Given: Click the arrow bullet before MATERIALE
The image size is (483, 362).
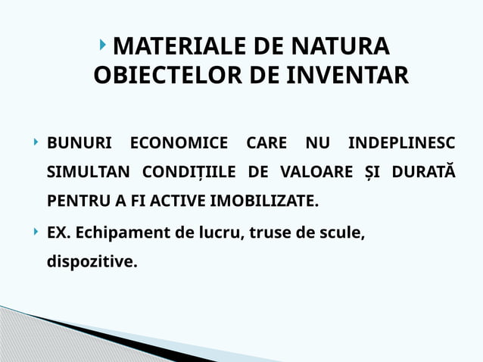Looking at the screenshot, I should [104, 46].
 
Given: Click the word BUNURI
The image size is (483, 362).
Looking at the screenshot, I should [79, 142].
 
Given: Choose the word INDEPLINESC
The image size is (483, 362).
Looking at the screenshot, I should [400, 142].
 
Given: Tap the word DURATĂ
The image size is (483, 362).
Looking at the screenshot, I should [422, 173].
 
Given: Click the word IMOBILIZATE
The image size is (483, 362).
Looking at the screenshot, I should [270, 203].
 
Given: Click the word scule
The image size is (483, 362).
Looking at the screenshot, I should [342, 234].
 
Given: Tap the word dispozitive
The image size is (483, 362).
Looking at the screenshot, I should [92, 264].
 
